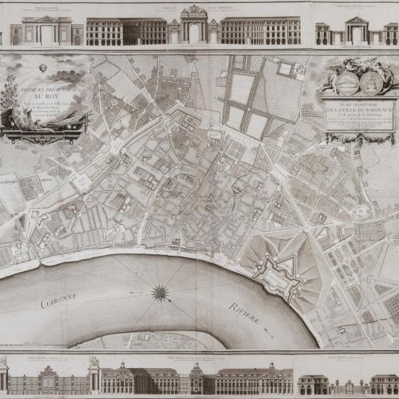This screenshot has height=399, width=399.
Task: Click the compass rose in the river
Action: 160,293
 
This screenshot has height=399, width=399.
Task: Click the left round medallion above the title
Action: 349,76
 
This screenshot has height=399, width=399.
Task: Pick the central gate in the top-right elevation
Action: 356,33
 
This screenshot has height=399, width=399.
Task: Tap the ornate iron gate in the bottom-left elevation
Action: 46,379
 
